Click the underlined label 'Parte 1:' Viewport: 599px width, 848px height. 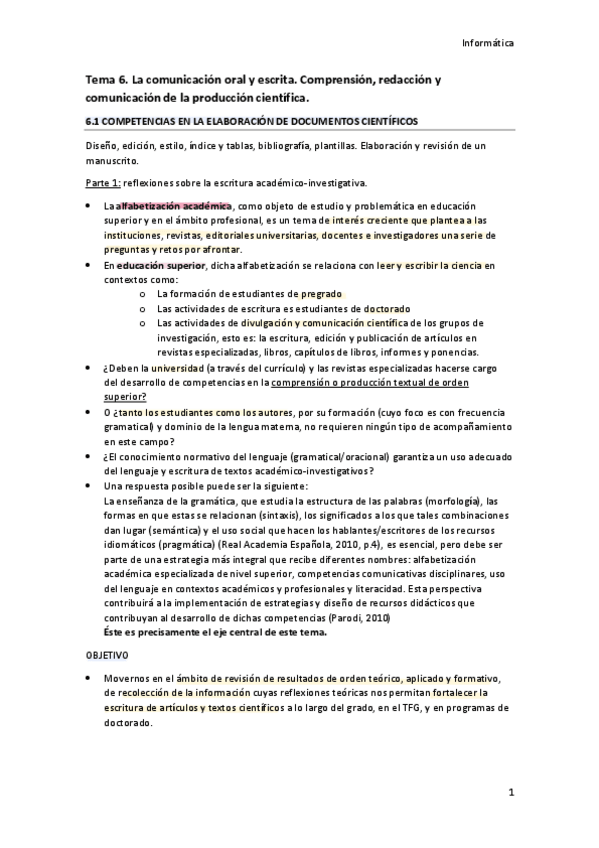click(103, 183)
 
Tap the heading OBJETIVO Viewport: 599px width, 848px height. click(107, 654)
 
